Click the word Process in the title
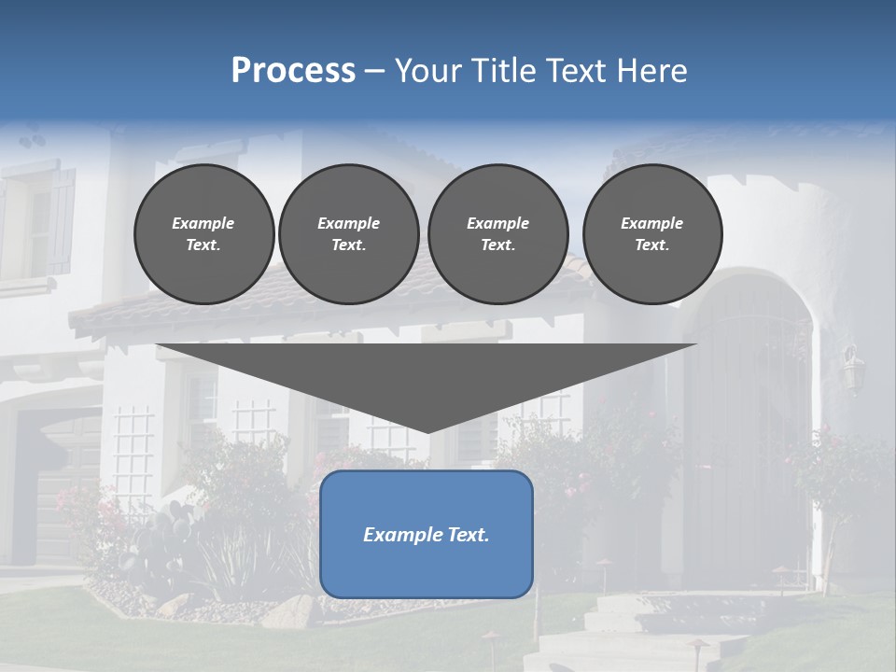[x=293, y=71]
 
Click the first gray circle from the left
[x=203, y=233]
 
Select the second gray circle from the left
[x=348, y=233]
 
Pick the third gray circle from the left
[x=497, y=233]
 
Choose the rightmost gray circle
[x=651, y=233]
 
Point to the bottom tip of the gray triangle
[x=428, y=431]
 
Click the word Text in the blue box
[x=469, y=535]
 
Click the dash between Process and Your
[x=374, y=71]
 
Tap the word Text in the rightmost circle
[x=651, y=245]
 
